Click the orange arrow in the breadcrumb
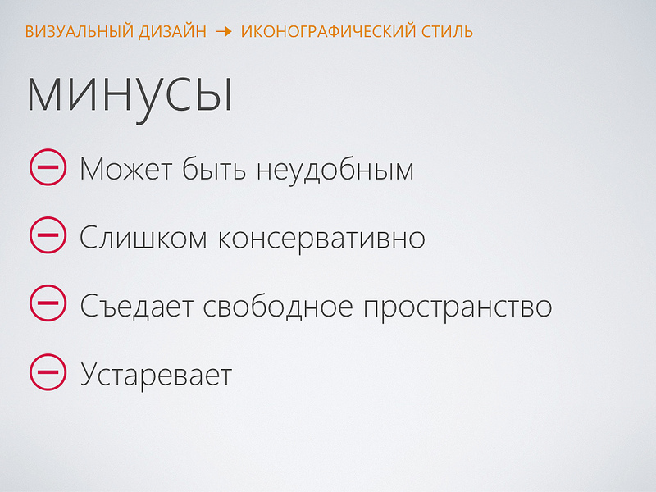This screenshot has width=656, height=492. point(224,32)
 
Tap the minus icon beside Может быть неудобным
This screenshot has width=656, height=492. point(47,168)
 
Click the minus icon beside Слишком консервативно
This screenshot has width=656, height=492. point(47,236)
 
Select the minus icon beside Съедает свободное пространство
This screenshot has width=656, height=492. point(47,304)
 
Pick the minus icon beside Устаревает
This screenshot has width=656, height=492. point(47,373)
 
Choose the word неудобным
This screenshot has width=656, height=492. point(335,171)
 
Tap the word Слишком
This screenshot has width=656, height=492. point(140,238)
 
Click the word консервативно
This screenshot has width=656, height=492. point(321,238)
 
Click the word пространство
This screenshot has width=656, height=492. point(458,307)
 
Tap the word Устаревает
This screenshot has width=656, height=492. point(156,376)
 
